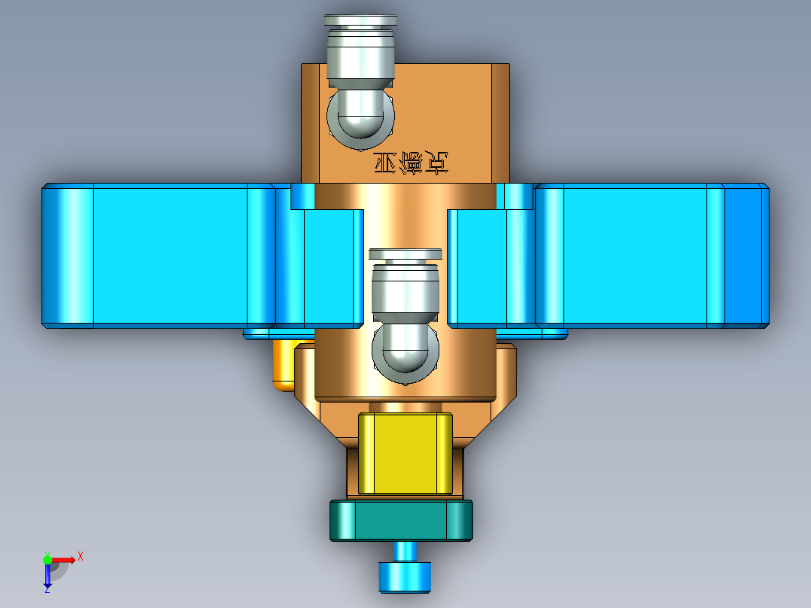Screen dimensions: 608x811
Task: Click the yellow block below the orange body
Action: tap(405, 453)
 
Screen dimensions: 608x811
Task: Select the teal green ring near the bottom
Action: tap(402, 521)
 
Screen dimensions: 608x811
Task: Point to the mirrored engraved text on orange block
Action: tap(411, 163)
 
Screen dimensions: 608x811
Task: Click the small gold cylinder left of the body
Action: tap(283, 365)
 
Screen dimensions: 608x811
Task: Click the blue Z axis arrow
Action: tap(47, 575)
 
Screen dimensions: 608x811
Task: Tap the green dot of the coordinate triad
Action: tap(47, 559)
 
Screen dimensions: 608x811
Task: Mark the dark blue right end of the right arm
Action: tap(746, 256)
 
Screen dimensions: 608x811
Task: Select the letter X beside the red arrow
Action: tap(80, 556)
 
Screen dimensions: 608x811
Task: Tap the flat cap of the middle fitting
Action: tap(405, 254)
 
